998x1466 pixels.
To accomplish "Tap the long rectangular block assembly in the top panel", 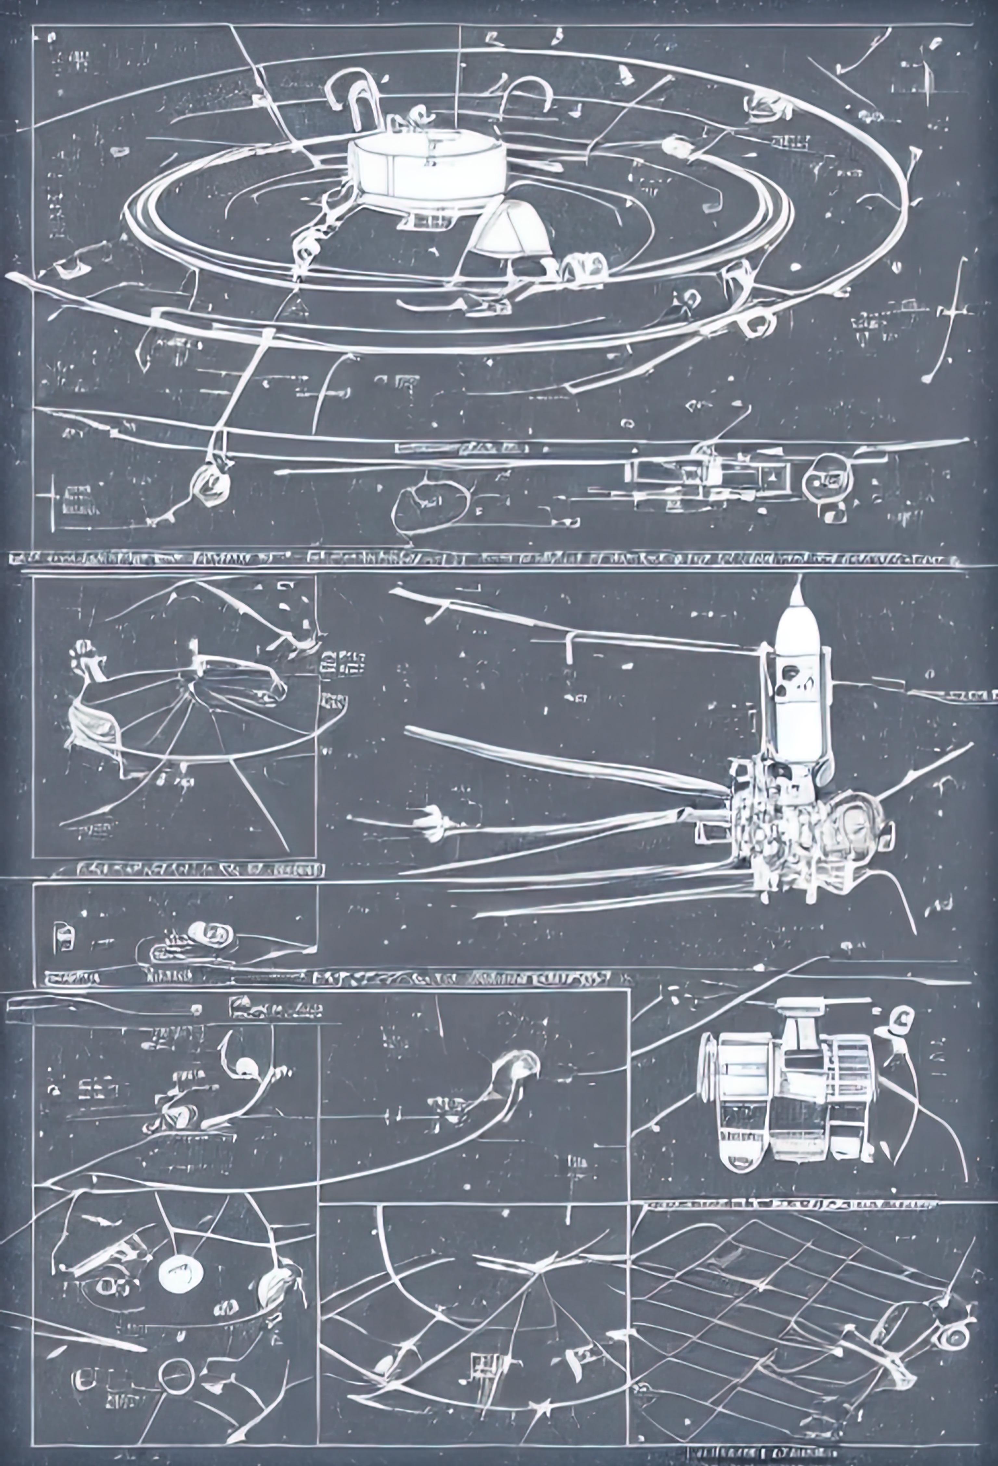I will [710, 476].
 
